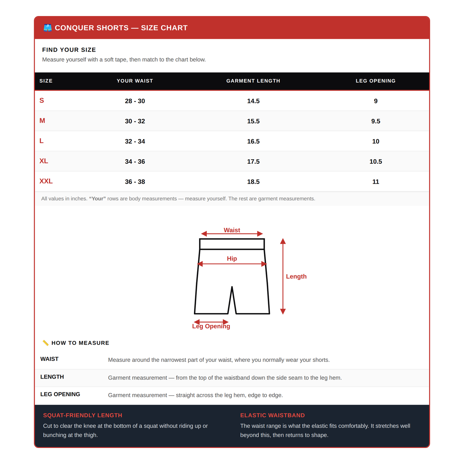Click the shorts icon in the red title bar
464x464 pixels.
tap(48, 28)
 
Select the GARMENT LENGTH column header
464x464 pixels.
tap(253, 81)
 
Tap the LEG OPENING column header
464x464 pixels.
tap(375, 81)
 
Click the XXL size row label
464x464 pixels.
tap(46, 181)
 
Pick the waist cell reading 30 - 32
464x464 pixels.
tap(135, 121)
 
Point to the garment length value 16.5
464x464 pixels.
tap(253, 141)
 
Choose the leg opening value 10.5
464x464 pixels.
tap(375, 162)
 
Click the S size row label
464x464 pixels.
tap(42, 101)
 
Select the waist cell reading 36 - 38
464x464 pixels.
tap(135, 182)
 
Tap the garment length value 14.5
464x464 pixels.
tap(253, 101)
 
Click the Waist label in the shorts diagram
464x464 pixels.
tap(232, 230)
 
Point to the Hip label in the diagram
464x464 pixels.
tap(232, 258)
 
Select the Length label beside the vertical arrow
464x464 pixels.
tap(296, 276)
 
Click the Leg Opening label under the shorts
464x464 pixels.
tap(211, 326)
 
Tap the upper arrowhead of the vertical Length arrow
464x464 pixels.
tap(283, 241)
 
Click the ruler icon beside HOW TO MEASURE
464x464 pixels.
tap(46, 343)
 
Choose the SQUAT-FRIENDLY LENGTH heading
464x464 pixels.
tap(83, 416)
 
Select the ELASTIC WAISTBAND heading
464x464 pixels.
tap(272, 416)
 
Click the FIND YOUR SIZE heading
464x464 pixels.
tap(69, 50)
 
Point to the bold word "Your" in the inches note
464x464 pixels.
tap(98, 199)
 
